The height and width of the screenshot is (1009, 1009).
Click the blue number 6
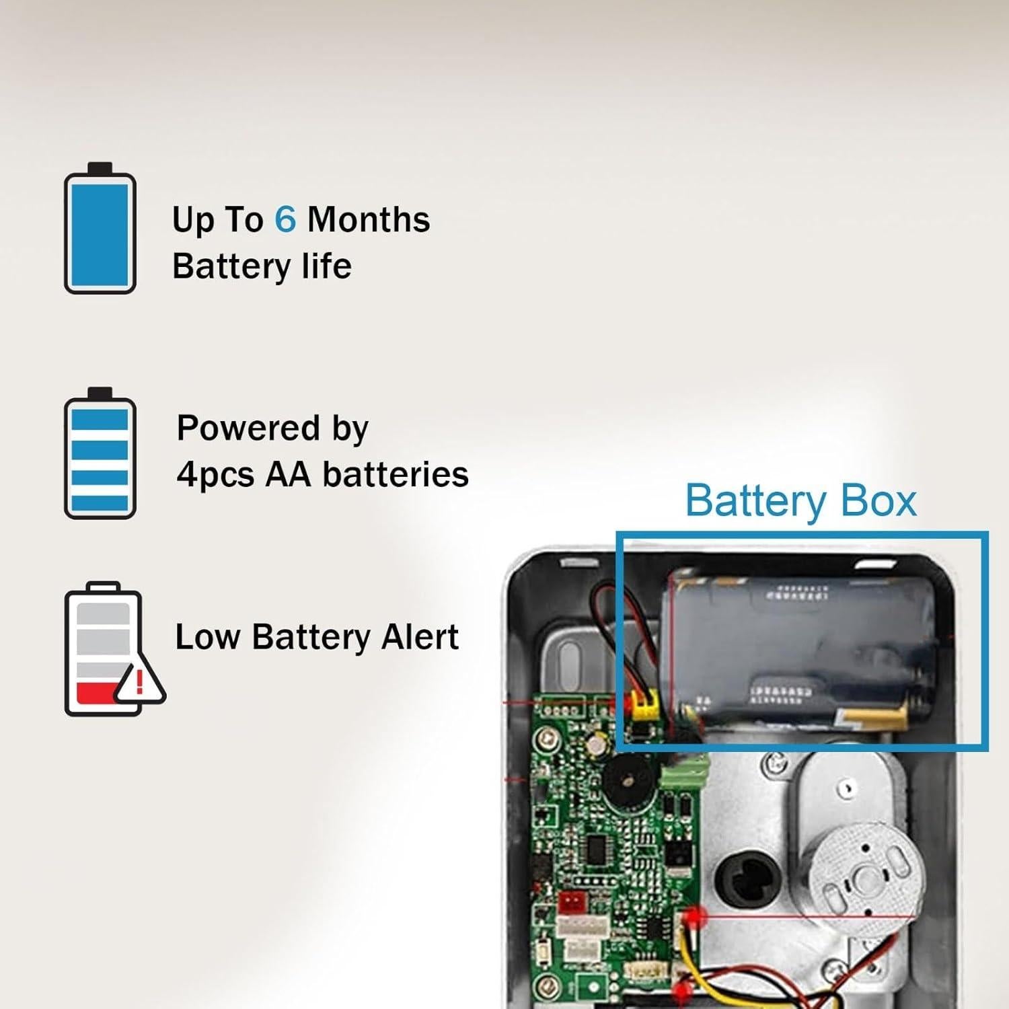[x=285, y=219]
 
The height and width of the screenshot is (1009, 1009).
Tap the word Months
[x=369, y=219]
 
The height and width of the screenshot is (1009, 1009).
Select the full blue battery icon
[x=100, y=227]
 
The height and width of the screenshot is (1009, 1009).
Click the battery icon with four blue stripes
[x=100, y=453]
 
